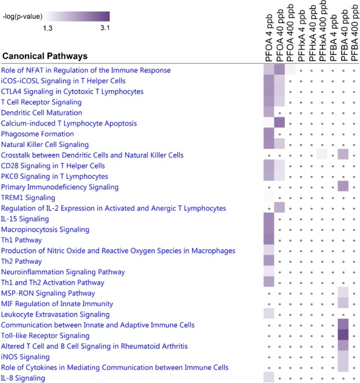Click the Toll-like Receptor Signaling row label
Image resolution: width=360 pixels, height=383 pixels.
45,336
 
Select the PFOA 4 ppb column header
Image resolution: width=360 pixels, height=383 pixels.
269,38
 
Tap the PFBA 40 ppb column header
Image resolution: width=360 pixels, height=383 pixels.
344,36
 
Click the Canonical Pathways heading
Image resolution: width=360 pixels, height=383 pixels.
45,56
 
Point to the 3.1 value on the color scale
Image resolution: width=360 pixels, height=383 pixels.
105,28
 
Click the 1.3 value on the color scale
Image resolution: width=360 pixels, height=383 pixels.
47,28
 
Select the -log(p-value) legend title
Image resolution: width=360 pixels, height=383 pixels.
23,17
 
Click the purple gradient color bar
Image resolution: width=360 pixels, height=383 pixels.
78,16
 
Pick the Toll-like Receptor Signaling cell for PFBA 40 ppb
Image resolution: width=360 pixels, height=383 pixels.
343,335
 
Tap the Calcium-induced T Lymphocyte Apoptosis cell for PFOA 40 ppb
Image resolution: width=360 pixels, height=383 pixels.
280,122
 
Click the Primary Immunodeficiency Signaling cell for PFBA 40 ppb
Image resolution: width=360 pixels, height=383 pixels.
343,186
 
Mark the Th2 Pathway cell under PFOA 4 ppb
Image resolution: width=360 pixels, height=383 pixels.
269,260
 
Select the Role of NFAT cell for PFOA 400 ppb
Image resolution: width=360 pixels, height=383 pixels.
290,69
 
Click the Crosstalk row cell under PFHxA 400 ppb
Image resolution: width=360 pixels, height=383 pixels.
322,154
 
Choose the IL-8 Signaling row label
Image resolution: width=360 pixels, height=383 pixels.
23,378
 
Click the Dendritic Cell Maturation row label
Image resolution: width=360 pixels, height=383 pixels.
42,113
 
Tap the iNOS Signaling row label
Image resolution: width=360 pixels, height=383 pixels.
25,357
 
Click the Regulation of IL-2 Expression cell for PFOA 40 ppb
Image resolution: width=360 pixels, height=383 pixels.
280,207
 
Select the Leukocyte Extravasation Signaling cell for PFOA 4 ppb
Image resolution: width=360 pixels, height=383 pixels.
269,314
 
